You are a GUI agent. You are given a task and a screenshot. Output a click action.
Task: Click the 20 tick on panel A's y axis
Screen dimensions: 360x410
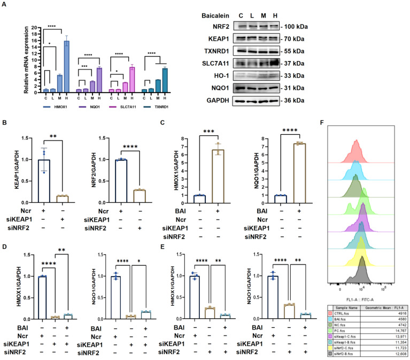[x=34, y=27]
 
